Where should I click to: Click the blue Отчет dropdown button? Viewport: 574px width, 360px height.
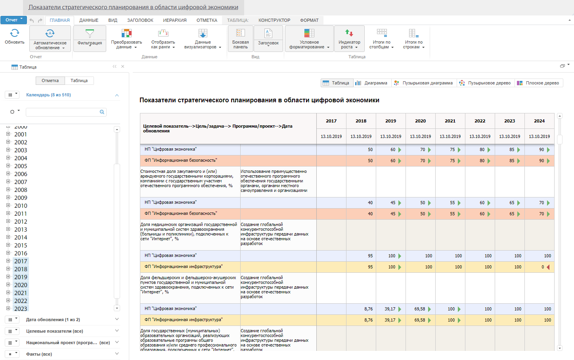pos(13,20)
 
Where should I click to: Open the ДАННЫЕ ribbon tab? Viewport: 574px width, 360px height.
pos(89,20)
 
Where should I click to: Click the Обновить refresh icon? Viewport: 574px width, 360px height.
pos(15,33)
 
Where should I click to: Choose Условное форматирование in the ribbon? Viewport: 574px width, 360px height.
pos(309,39)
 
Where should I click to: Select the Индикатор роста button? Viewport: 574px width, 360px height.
pos(349,39)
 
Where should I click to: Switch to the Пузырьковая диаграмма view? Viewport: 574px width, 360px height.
pos(424,83)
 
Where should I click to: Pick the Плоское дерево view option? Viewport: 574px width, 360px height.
pos(538,83)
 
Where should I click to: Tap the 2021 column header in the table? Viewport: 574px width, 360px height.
pos(450,121)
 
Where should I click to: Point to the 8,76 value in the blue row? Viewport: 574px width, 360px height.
pos(368,309)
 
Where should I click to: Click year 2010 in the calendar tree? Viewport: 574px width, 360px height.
pos(21,206)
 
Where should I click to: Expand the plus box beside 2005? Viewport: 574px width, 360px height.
pos(8,166)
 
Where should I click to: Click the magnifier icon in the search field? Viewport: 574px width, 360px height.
pos(102,112)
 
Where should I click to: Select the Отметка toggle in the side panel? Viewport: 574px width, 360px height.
pos(50,81)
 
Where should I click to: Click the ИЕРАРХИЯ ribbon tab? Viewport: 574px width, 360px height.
pos(175,20)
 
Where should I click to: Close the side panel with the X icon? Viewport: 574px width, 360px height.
pos(123,66)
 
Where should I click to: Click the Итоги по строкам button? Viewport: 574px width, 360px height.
pos(413,39)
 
